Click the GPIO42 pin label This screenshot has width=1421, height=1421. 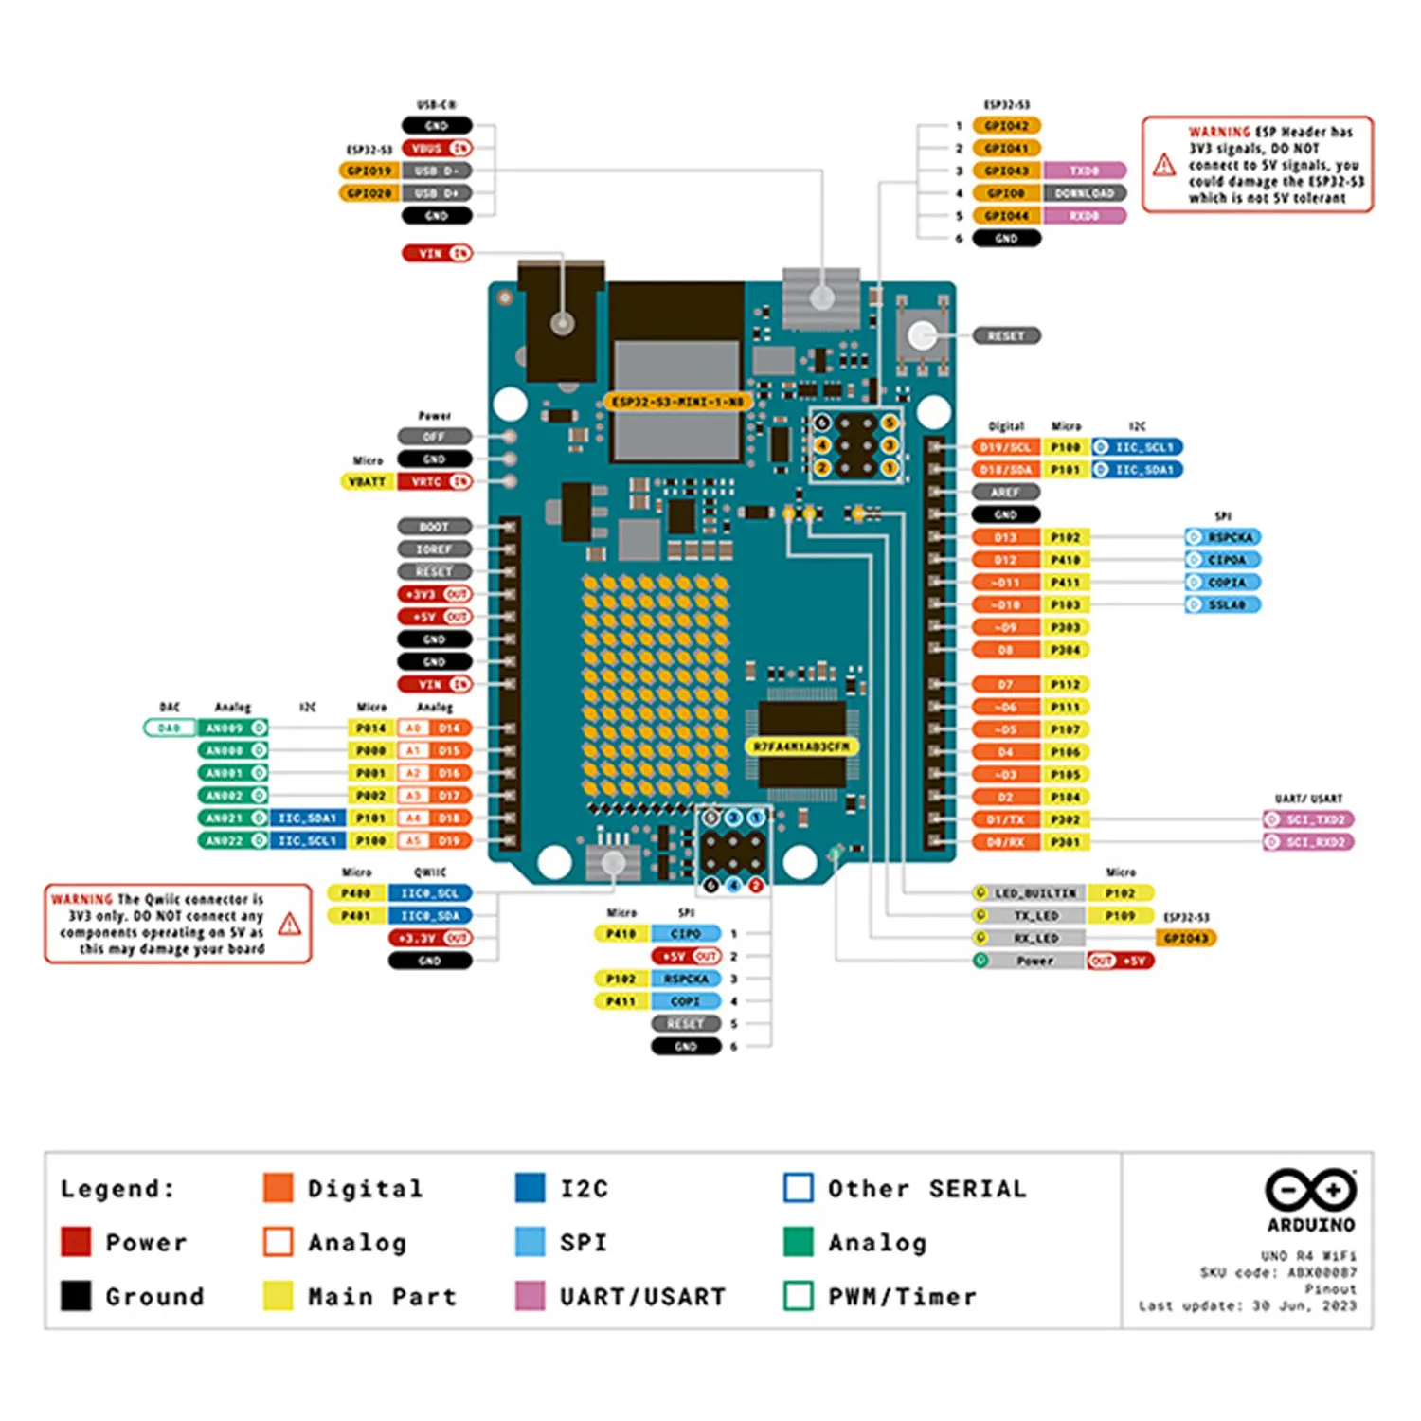[1006, 126]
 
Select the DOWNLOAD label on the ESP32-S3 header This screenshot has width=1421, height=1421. [1085, 193]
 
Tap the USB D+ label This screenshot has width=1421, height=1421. [436, 193]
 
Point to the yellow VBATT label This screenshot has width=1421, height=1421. [367, 482]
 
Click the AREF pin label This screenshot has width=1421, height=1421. [1005, 493]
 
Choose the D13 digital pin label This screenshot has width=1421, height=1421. [1005, 537]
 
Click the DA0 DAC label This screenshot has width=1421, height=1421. [169, 728]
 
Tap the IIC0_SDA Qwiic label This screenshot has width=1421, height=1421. [429, 916]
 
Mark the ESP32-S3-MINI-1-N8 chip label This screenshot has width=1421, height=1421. [677, 402]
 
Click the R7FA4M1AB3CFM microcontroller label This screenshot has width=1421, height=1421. [801, 746]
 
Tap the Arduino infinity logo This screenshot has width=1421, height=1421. [1311, 1190]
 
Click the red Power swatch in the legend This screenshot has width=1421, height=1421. [76, 1242]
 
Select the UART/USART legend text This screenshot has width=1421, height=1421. [642, 1296]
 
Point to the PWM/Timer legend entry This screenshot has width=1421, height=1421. [901, 1296]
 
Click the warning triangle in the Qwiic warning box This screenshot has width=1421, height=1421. [290, 924]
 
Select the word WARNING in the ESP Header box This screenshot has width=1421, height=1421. [1219, 133]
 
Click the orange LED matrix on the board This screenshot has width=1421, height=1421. [655, 685]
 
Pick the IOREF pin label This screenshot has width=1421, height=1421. [434, 549]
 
